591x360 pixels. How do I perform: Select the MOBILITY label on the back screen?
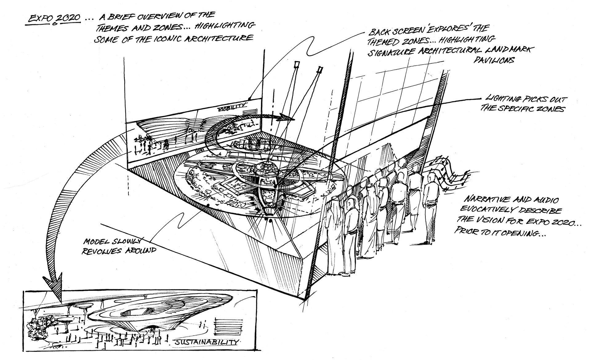(x=229, y=109)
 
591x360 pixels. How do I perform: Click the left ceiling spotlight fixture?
(x=297, y=64)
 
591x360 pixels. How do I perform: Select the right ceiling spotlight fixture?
(x=320, y=69)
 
